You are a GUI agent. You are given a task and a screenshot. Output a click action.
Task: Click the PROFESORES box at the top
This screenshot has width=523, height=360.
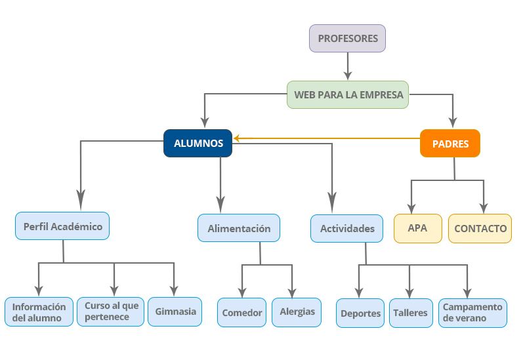click(x=348, y=39)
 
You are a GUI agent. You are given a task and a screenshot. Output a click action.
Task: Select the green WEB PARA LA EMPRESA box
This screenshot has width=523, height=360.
click(x=348, y=94)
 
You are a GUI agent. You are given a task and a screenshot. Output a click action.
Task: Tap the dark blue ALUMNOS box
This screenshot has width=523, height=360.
click(x=198, y=143)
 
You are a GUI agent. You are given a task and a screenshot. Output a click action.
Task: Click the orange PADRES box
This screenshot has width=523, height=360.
click(x=450, y=144)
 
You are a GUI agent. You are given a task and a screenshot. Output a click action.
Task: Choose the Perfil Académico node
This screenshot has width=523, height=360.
click(x=62, y=226)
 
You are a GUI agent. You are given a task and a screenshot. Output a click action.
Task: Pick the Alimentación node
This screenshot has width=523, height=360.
click(x=239, y=228)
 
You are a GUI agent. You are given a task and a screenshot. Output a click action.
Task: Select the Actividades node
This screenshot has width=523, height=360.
click(x=347, y=228)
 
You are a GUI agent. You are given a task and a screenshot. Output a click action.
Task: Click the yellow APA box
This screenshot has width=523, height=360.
click(x=417, y=228)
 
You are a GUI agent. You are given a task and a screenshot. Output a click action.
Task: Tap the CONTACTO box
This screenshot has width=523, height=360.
click(x=480, y=228)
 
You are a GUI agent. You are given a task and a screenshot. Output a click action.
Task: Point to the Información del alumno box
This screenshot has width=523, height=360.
click(x=39, y=312)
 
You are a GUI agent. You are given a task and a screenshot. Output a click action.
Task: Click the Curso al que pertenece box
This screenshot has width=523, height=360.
click(x=110, y=311)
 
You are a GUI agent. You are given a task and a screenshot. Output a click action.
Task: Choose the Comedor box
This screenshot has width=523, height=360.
click(x=241, y=313)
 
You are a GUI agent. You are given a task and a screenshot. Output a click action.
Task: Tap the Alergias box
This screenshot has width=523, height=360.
click(x=297, y=311)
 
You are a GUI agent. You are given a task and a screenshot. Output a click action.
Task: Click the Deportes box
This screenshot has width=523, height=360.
click(x=360, y=313)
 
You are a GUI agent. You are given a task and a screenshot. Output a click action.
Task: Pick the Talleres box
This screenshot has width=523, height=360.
click(x=410, y=313)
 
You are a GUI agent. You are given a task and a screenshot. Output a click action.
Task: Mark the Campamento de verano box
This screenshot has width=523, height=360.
click(x=472, y=312)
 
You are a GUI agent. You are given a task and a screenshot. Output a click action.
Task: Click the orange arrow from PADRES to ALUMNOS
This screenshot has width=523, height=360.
click(x=328, y=138)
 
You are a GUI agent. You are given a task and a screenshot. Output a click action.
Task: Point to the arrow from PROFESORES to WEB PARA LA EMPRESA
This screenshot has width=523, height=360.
click(x=348, y=66)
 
